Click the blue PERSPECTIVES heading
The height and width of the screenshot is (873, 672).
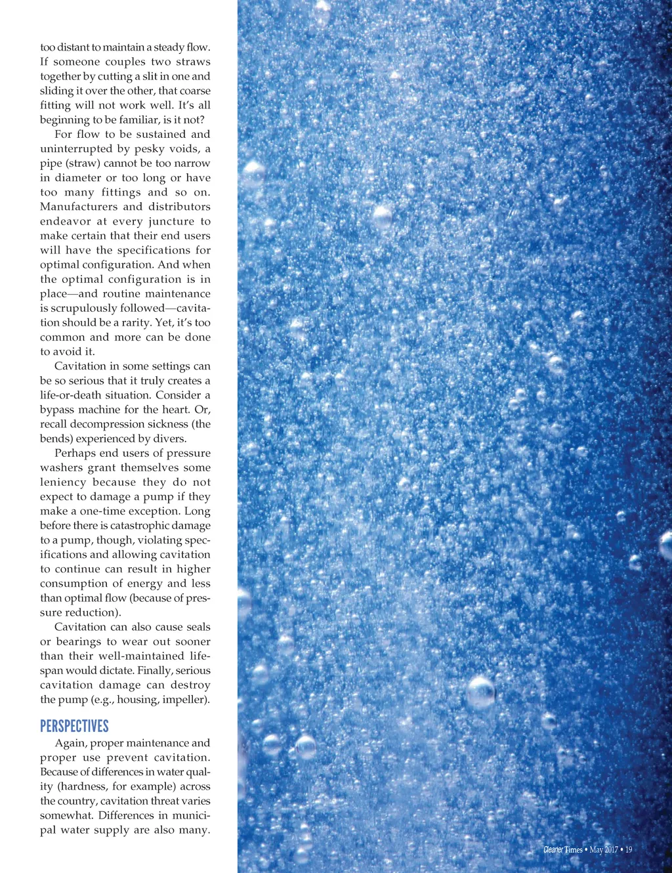tap(74, 726)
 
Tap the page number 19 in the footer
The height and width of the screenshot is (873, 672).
tap(629, 849)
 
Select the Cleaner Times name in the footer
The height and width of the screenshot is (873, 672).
tap(562, 849)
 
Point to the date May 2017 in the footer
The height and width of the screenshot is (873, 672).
tap(604, 849)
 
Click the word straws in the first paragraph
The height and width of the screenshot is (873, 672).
tap(193, 62)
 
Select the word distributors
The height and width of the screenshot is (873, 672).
tap(179, 207)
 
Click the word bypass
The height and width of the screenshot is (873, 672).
tap(56, 410)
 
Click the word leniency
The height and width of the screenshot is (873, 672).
tap(62, 482)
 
